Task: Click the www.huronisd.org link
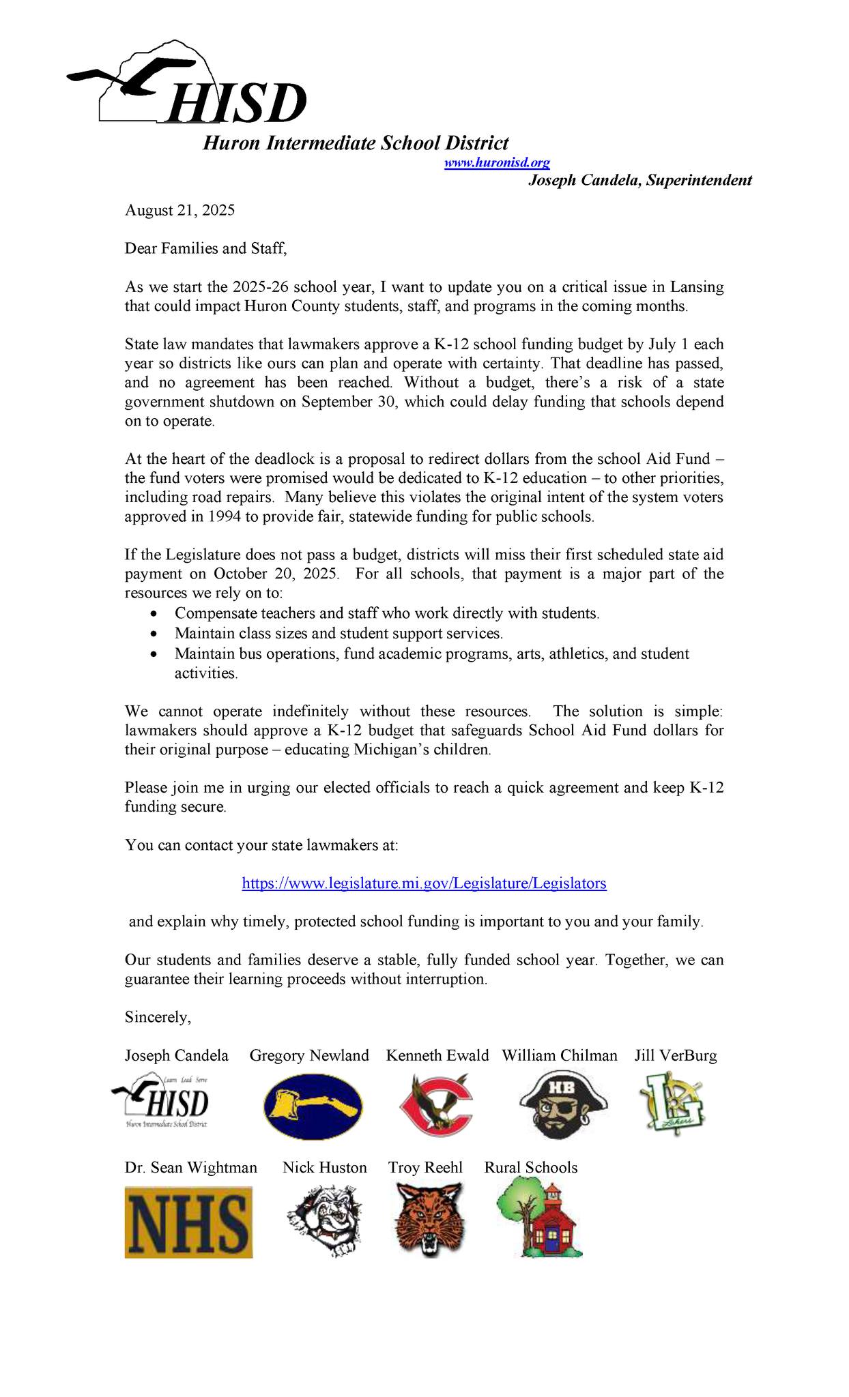[x=497, y=163]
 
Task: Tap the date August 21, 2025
[x=179, y=210]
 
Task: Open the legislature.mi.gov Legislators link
[x=424, y=883]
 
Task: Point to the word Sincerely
[x=158, y=1017]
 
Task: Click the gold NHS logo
[x=188, y=1222]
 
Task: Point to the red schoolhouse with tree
[x=539, y=1220]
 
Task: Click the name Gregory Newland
[x=309, y=1056]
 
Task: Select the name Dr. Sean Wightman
[x=191, y=1168]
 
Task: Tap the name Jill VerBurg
[x=676, y=1056]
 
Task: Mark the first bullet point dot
[x=156, y=613]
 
